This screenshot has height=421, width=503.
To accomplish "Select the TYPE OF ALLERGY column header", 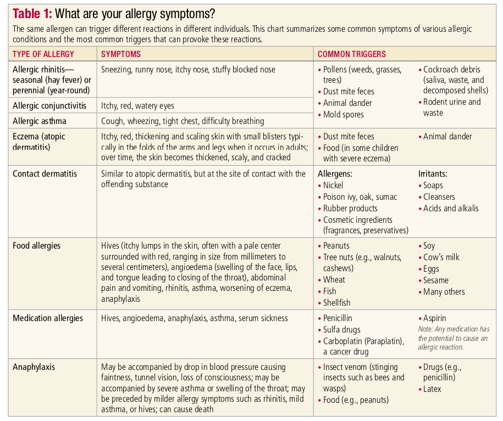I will click(43, 54).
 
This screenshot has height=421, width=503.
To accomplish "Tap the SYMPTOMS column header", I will click(121, 54).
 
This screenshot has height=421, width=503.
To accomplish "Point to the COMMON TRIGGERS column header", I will click(352, 54).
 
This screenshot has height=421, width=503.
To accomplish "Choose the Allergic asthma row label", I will click(40, 121).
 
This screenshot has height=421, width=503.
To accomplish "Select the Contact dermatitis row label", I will click(45, 173).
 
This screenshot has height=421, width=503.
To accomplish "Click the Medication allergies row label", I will click(48, 318).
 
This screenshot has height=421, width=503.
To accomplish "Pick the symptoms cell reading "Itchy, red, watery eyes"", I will click(138, 105).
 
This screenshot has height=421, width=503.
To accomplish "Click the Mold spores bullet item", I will click(343, 115).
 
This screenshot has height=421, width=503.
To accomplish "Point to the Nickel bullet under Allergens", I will click(333, 186).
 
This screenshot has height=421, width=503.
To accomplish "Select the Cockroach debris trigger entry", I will click(452, 70).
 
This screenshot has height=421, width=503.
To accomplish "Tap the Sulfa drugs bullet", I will click(342, 330).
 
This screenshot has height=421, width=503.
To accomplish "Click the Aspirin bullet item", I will click(434, 318).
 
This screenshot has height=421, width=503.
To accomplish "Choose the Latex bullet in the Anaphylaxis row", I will click(432, 389).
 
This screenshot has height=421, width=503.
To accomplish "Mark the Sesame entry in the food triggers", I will click(436, 280).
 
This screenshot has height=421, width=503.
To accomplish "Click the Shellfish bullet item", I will click(336, 303).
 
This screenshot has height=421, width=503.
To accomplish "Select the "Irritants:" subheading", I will click(433, 173).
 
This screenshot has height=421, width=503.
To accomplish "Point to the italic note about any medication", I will click(454, 338).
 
